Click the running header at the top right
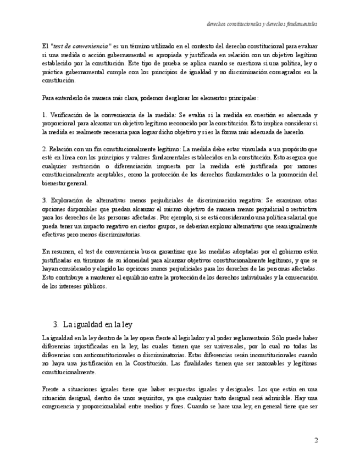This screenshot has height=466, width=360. point(262,24)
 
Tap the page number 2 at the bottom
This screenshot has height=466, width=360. point(316,440)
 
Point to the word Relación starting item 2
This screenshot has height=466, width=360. point(60,149)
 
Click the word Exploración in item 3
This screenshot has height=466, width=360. point(69,201)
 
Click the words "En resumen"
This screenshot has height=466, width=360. point(59,252)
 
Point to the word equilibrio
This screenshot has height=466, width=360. point(138,278)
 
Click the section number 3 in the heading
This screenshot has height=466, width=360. point(56,324)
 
